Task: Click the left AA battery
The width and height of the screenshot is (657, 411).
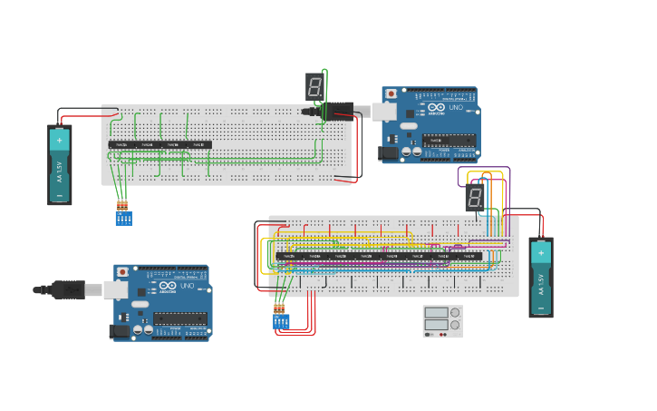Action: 60,164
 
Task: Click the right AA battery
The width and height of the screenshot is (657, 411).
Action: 541,277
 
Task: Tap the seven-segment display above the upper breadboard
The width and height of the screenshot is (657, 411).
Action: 314,87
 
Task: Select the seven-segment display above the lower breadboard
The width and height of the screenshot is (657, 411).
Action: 475,198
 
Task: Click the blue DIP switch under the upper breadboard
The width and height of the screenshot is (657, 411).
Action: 123,219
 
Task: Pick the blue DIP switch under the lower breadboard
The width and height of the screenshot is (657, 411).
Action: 281,321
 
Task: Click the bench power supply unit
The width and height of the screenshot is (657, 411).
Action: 442,321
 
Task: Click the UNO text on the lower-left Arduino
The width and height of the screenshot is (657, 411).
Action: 187,286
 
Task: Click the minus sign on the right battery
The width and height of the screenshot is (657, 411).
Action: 541,307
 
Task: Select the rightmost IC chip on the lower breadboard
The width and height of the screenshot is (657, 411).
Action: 469,256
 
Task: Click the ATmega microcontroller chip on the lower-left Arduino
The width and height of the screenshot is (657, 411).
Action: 179,318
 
